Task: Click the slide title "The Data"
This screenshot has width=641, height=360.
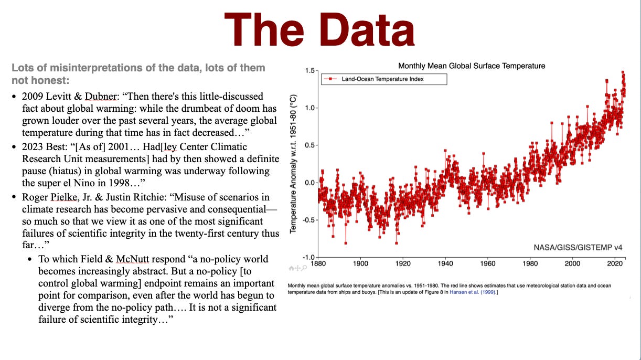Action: (319, 30)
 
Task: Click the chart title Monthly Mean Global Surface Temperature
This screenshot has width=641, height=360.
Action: (472, 66)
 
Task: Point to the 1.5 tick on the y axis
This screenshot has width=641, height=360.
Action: (309, 71)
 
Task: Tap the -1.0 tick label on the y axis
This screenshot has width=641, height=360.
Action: (307, 258)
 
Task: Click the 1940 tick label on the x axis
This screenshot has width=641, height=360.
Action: (445, 264)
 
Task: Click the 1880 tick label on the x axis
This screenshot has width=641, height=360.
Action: (318, 264)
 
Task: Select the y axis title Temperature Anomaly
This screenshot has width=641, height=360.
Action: (294, 164)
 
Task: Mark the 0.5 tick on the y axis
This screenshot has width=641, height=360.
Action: (309, 145)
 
